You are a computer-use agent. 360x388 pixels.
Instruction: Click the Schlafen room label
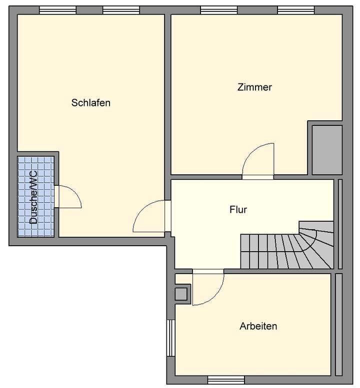point(90,103)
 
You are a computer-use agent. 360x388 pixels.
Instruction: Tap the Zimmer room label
point(254,87)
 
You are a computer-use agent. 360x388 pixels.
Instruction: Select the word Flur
point(238,210)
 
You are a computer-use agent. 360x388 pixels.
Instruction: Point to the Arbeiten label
point(258,327)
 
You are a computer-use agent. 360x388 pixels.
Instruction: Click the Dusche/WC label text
point(34,197)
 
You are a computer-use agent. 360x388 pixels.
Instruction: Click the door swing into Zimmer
point(258,160)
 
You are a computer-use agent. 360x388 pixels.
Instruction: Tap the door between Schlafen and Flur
point(150,216)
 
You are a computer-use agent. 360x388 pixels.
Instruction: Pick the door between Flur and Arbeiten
point(207,287)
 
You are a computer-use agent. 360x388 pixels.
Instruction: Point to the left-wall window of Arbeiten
point(170,338)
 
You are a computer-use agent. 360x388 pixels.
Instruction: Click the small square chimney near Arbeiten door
point(181,294)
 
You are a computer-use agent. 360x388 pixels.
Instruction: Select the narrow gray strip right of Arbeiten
point(338,325)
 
